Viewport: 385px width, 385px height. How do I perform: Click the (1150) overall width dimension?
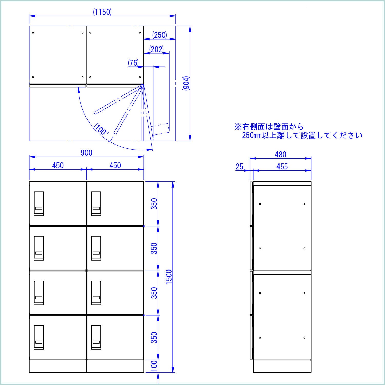(x=102, y=12)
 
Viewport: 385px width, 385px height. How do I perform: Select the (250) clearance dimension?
(x=160, y=35)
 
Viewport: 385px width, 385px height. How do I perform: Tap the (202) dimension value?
(x=156, y=49)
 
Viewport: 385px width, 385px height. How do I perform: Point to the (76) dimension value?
(x=133, y=63)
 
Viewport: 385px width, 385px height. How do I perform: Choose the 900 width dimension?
(x=86, y=153)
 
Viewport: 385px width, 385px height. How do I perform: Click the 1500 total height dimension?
(x=169, y=277)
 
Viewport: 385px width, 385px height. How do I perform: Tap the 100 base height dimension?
(x=154, y=365)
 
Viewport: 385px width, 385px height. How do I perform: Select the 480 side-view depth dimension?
(x=280, y=155)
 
